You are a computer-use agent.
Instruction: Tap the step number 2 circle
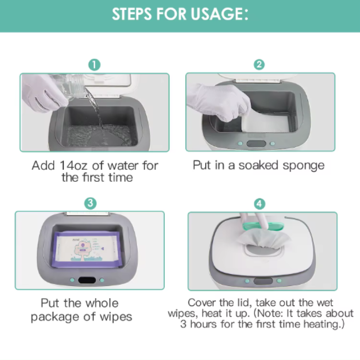259,64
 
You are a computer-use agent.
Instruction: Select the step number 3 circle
90,203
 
